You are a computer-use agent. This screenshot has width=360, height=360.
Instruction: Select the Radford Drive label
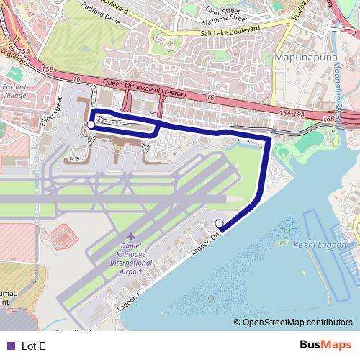coord(101,14)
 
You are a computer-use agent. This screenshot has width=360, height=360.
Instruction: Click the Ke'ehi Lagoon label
coord(320,245)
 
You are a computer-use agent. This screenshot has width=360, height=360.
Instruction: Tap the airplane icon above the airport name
coord(131,236)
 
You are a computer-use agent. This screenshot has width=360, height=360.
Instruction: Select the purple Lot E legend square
coord(9,346)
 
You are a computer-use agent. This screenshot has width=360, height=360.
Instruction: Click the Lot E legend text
coord(34,346)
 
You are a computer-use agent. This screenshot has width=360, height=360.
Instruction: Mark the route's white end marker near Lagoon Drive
coord(220,223)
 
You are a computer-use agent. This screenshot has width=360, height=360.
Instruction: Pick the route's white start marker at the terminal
coord(91,125)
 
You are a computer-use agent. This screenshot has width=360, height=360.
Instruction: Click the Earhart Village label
coord(14,91)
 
